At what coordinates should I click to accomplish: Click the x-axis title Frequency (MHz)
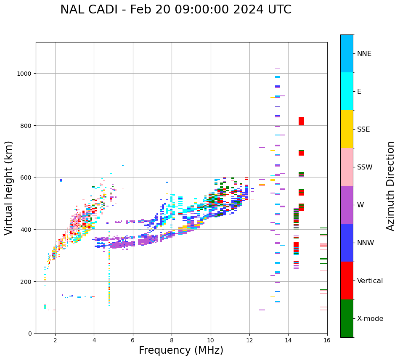(x=181, y=350)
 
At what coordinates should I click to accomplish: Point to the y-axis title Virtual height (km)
(x=9, y=188)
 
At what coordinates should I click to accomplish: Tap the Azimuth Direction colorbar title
(x=391, y=186)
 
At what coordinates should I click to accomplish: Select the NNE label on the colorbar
(x=364, y=54)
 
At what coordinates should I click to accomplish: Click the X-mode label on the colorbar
(x=370, y=319)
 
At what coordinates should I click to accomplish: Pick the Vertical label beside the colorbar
(x=370, y=281)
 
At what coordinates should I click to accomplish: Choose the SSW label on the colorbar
(x=365, y=167)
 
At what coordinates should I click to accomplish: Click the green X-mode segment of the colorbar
(x=347, y=318)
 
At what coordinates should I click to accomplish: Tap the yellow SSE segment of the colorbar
(x=347, y=129)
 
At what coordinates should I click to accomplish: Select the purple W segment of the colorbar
(x=347, y=205)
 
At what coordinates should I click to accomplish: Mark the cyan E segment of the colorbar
(x=347, y=91)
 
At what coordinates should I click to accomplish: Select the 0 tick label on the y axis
(x=29, y=334)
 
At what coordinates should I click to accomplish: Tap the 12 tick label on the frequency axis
(x=249, y=341)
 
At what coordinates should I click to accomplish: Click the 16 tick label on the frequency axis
(x=327, y=341)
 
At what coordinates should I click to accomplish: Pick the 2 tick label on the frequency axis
(x=55, y=341)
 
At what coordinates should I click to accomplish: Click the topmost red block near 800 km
(x=301, y=121)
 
